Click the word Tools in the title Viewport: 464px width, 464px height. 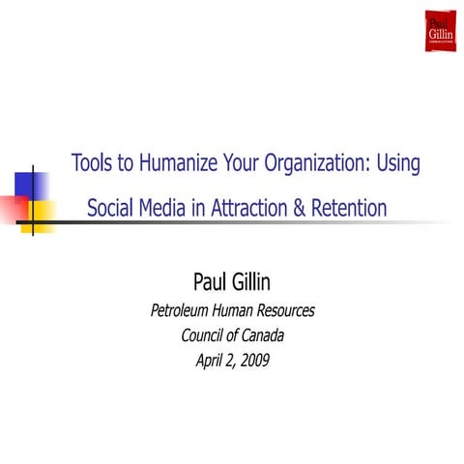click(92, 163)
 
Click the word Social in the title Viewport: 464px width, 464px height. click(112, 207)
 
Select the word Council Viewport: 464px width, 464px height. click(206, 336)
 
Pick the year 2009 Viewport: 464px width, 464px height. click(254, 362)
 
